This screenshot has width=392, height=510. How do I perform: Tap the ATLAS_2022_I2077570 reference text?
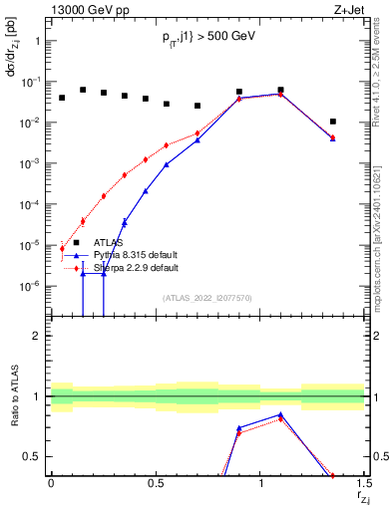[207, 298]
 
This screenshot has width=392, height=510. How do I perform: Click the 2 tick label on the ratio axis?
[37, 336]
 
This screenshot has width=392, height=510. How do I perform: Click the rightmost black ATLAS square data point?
[332, 122]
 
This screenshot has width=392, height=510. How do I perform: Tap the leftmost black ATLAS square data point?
[62, 98]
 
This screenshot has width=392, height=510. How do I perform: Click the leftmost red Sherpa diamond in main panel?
[62, 248]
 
